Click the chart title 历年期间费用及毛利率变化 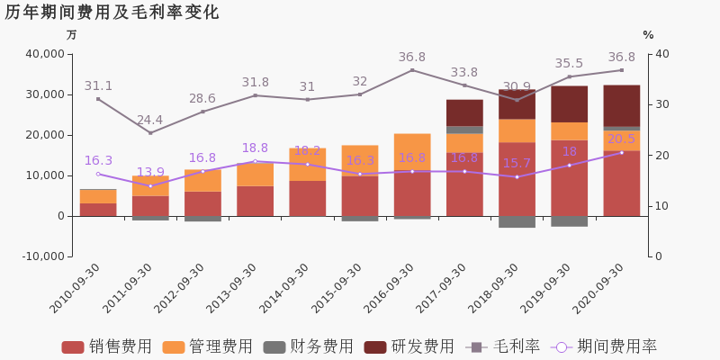112,13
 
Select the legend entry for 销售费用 106,346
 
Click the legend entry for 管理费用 207,346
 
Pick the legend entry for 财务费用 308,346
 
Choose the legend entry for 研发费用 409,346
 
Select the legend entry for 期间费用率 604,346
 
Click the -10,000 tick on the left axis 41,256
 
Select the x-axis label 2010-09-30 76,287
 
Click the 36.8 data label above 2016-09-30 412,58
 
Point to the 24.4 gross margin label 149,120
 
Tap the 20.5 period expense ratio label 621,139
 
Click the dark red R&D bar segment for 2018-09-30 517,103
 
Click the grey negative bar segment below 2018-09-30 517,221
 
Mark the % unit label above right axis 648,35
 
